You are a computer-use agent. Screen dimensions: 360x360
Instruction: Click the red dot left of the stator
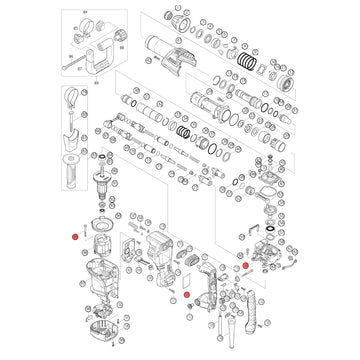click(x=74, y=235)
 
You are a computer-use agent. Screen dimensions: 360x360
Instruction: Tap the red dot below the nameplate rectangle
click(x=187, y=296)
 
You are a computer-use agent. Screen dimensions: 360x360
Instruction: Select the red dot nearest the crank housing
click(x=244, y=267)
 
